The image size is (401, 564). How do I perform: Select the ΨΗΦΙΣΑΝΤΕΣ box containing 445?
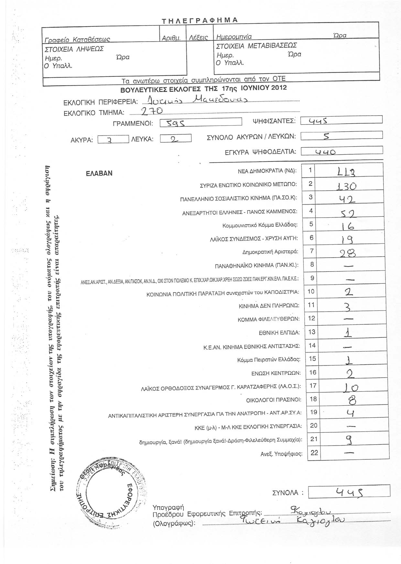(x=341, y=120)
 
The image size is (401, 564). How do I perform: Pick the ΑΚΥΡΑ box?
(x=113, y=139)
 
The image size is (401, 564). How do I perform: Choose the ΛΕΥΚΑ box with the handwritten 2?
(x=176, y=138)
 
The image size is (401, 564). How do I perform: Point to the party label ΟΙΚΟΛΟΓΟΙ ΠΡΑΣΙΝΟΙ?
(x=274, y=400)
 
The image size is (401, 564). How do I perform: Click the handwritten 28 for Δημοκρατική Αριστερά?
(x=346, y=253)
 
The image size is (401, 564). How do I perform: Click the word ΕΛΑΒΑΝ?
(x=99, y=173)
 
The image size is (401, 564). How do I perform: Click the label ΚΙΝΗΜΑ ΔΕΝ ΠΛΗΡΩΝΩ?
(x=269, y=305)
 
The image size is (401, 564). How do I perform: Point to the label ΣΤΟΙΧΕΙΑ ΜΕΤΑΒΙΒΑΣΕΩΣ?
(x=256, y=46)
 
